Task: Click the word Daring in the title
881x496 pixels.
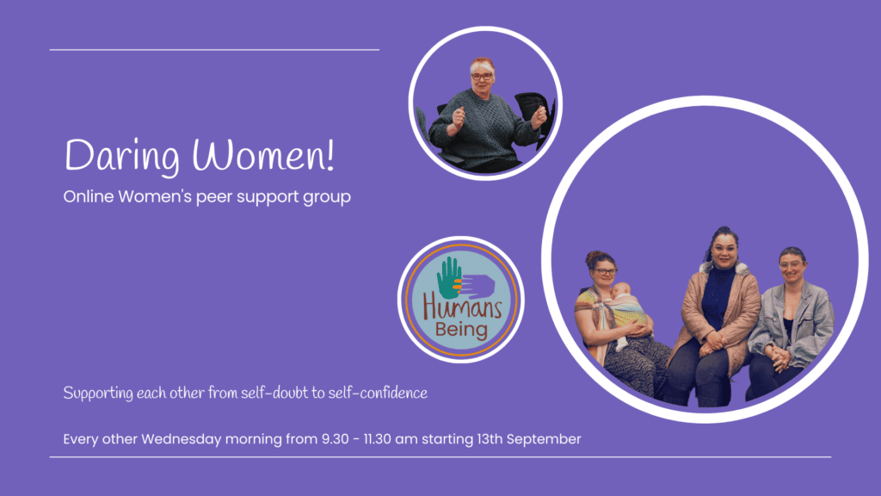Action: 122,156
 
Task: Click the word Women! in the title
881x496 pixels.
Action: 263,154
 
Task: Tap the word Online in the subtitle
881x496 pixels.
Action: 89,196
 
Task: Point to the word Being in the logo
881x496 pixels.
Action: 461,329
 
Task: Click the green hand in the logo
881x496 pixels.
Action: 449,278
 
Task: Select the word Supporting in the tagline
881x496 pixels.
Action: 98,394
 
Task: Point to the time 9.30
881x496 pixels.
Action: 335,438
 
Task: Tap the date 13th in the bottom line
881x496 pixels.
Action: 489,438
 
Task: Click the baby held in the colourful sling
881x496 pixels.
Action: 625,311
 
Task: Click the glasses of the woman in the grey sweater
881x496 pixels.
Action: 482,76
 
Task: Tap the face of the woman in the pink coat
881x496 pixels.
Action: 724,251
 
